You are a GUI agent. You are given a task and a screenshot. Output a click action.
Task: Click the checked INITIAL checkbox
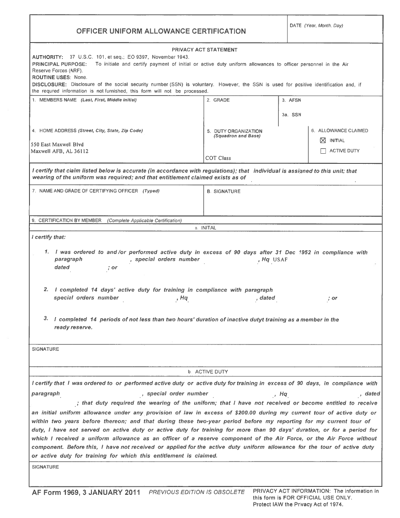(x=323, y=141)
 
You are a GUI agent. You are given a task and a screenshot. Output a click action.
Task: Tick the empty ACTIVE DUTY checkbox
(x=323, y=151)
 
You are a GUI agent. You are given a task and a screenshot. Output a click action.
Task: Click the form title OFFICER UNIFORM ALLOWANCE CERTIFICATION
(x=161, y=31)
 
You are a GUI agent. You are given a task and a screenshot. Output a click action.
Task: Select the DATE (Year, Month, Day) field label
(x=316, y=26)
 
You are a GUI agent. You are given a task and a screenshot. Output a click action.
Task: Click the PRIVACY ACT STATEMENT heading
(x=205, y=50)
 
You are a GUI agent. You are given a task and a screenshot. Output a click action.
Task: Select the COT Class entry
(x=218, y=158)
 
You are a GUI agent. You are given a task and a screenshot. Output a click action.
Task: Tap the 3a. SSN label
(x=291, y=115)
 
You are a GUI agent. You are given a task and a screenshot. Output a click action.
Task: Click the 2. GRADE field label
(x=218, y=100)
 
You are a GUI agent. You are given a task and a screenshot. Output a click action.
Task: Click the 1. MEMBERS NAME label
(x=84, y=100)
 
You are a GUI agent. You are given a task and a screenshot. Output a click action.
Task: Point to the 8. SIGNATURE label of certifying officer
(x=224, y=192)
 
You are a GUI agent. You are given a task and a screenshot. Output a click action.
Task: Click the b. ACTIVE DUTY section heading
(x=208, y=372)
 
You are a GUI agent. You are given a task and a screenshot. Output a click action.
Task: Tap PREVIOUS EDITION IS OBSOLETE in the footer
(x=197, y=492)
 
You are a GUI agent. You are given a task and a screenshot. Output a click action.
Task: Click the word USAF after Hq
(x=280, y=260)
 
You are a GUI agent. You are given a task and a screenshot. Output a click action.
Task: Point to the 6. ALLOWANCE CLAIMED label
(x=339, y=131)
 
